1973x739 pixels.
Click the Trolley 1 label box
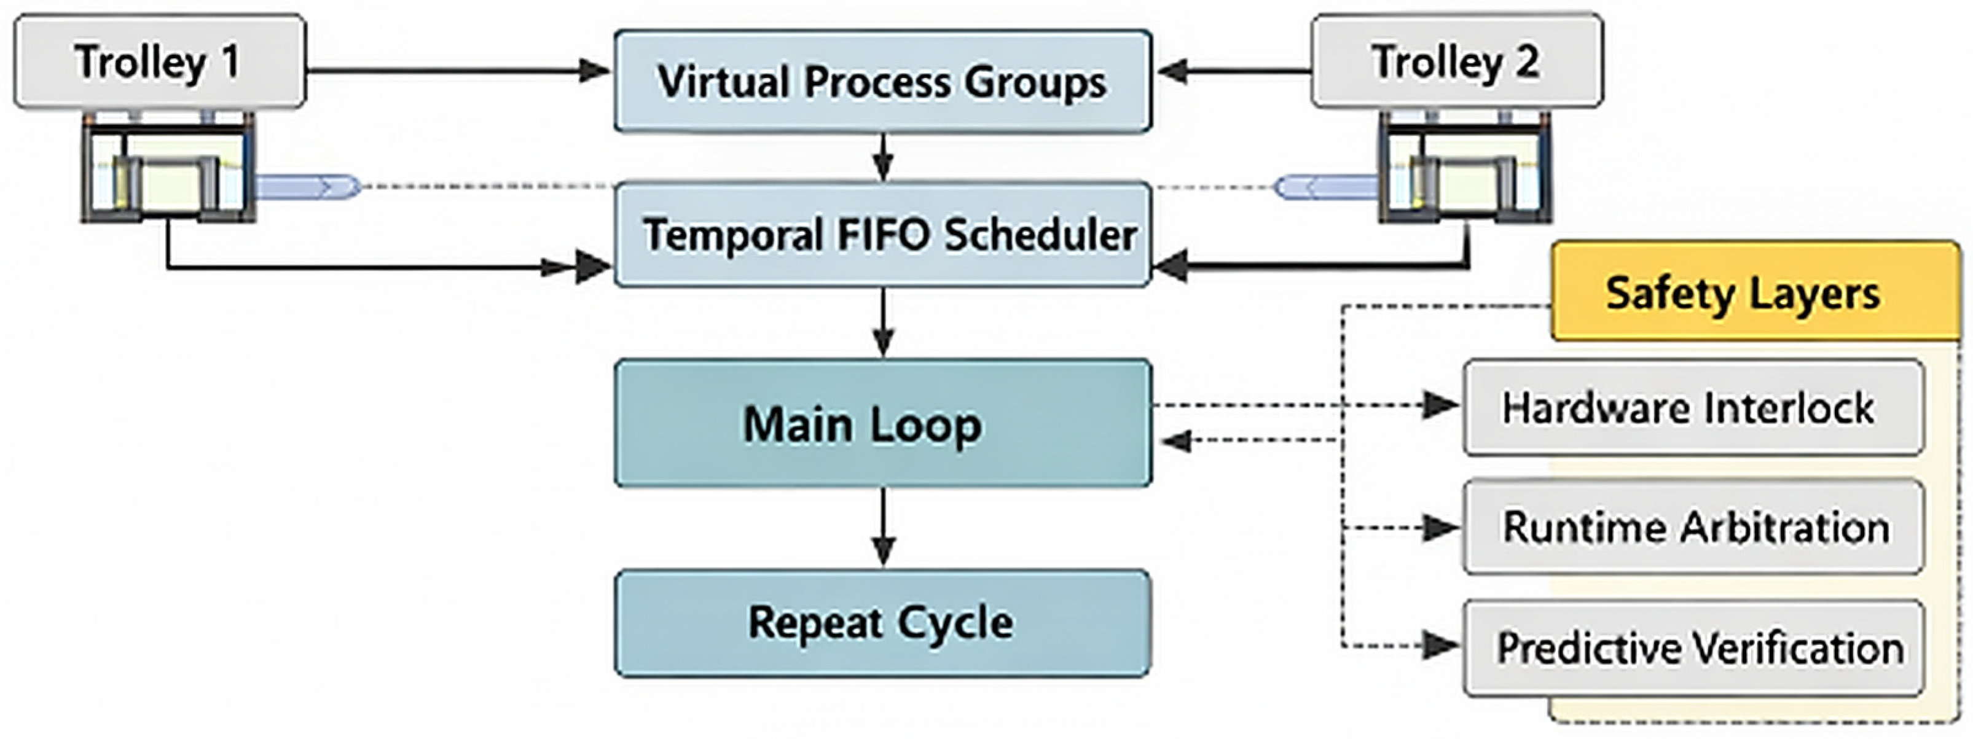[x=159, y=61]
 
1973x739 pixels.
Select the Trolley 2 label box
[x=1456, y=61]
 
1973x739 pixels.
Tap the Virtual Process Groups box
[x=882, y=81]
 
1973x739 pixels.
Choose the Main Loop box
[x=882, y=423]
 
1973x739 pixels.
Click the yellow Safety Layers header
[x=1754, y=293]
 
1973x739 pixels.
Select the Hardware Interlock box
[x=1693, y=407]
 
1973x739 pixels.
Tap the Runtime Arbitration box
[x=1693, y=527]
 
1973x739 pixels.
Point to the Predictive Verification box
[x=1693, y=648]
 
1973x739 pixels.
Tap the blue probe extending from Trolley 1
[x=307, y=186]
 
